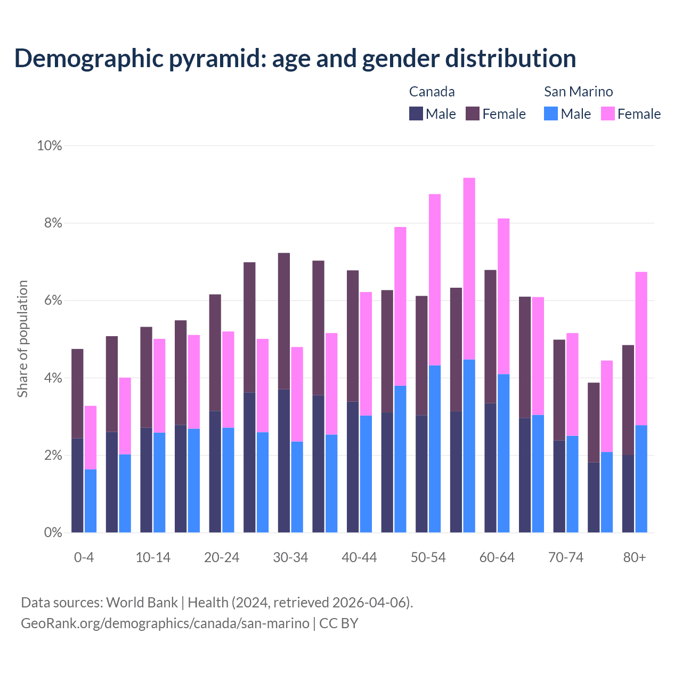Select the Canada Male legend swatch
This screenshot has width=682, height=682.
pos(416,113)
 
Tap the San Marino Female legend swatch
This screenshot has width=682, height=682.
pos(608,113)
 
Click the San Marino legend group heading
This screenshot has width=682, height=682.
pos(578,92)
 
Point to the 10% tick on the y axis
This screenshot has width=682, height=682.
pos(50,145)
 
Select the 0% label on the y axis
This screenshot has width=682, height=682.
pos(53,533)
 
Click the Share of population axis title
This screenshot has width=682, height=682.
pos(22,339)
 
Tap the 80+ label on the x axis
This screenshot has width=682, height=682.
pos(635,557)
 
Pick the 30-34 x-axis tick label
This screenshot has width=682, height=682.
pos(290,557)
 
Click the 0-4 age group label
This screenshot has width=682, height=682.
pos(84,557)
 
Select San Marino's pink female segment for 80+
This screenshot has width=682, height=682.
pos(642,348)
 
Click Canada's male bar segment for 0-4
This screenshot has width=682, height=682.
pos(77,485)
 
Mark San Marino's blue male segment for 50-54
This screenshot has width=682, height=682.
pos(435,449)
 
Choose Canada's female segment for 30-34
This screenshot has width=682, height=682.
pos(284,321)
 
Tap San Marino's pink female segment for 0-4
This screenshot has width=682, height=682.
pos(91,437)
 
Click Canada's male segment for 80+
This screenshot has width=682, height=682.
pos(628,493)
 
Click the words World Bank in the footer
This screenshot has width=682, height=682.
pos(142,603)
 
